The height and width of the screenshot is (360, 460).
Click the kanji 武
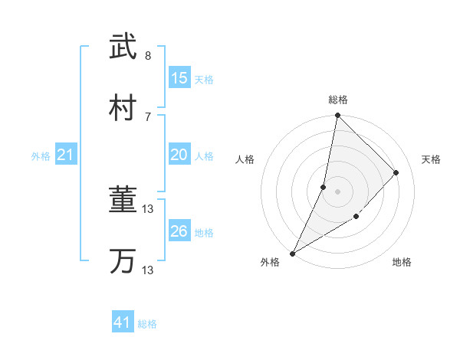pyautogui.click(x=122, y=47)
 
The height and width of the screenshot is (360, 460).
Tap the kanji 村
pyautogui.click(x=122, y=108)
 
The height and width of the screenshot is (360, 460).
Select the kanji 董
pyautogui.click(x=122, y=201)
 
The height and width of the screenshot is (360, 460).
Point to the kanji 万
pyautogui.click(x=122, y=261)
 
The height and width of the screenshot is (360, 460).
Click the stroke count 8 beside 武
pyautogui.click(x=148, y=56)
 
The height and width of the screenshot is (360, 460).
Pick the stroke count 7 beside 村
pyautogui.click(x=148, y=116)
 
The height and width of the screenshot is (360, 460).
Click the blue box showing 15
pyautogui.click(x=179, y=78)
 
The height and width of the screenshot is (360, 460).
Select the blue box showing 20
pyautogui.click(x=179, y=155)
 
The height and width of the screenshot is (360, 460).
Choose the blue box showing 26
pyautogui.click(x=179, y=231)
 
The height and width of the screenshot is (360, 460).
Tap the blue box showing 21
pyautogui.click(x=66, y=155)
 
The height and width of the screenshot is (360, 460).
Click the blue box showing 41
pyautogui.click(x=122, y=323)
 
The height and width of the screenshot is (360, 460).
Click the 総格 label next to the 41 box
pyautogui.click(x=147, y=324)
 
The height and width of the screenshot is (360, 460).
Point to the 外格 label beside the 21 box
pyautogui.click(x=41, y=156)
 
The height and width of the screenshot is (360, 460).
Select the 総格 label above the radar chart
pyautogui.click(x=338, y=100)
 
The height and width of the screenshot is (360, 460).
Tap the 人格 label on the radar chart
pyautogui.click(x=244, y=159)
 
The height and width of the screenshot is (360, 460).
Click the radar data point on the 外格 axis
pyautogui.click(x=292, y=254)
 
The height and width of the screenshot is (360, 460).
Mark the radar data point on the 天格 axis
pyautogui.click(x=396, y=172)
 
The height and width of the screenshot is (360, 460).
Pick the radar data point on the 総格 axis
pyautogui.click(x=337, y=116)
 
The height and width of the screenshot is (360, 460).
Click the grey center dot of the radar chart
pyautogui.click(x=337, y=191)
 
